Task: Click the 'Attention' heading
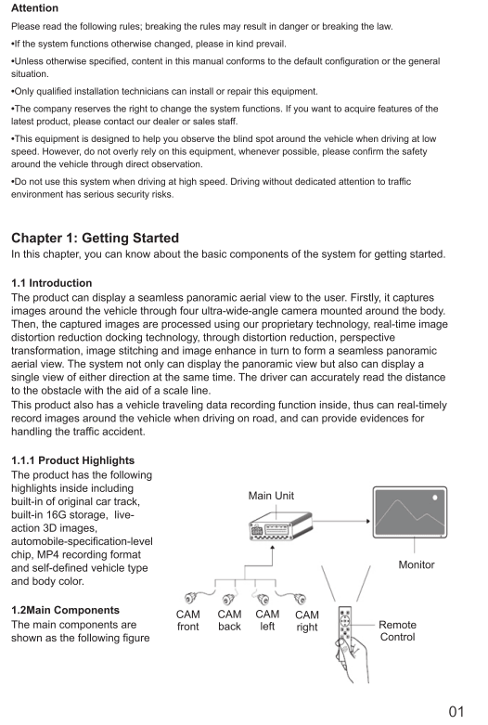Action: [34, 7]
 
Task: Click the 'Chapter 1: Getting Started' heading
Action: [95, 238]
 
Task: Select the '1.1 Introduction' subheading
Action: [51, 282]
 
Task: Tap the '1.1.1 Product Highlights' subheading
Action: [72, 460]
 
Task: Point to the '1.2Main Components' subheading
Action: [65, 610]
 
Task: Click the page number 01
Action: [456, 711]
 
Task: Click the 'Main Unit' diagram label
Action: [271, 496]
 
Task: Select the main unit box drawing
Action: [280, 526]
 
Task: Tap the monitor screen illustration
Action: [410, 511]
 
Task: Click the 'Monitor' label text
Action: [417, 564]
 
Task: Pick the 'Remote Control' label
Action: [397, 630]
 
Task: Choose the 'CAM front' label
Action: [188, 620]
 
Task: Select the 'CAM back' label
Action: [230, 620]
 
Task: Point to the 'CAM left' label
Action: [267, 620]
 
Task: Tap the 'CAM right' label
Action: [307, 621]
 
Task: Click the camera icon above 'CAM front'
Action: [190, 598]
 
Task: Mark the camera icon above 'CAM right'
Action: [301, 599]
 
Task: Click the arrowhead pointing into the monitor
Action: [368, 521]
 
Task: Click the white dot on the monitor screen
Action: [435, 498]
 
